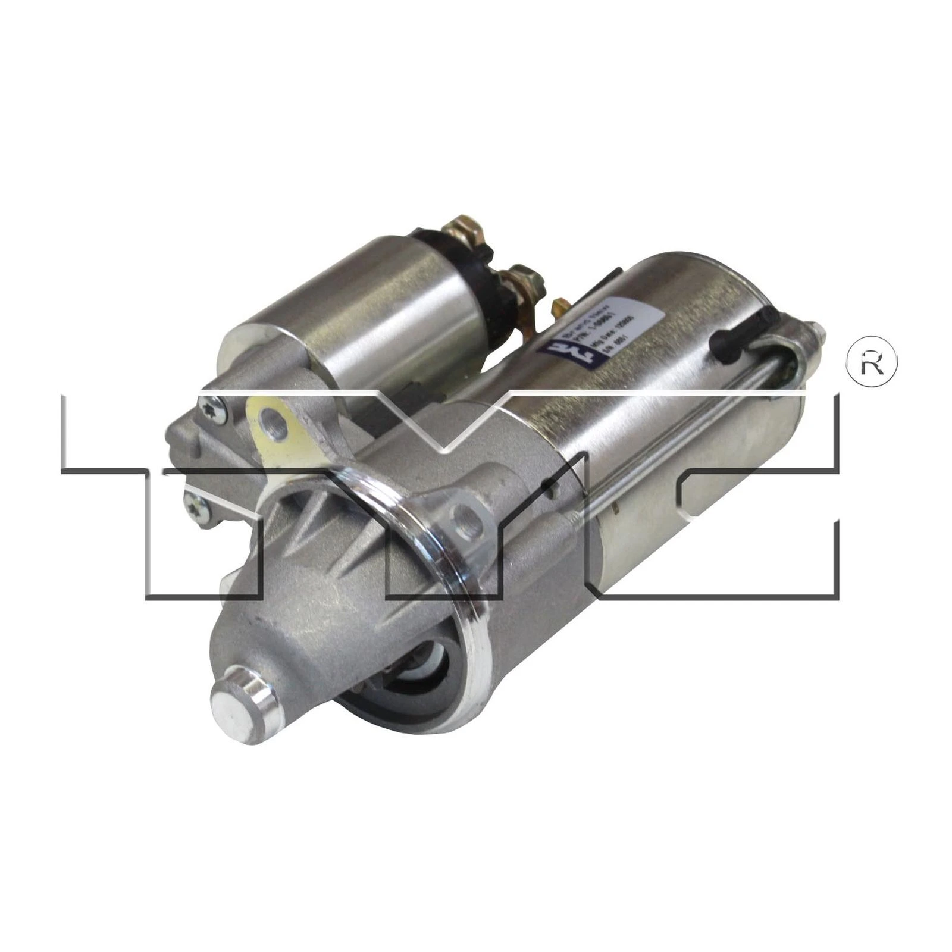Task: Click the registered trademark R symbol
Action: [x=872, y=364]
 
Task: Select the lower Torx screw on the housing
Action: [x=197, y=506]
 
